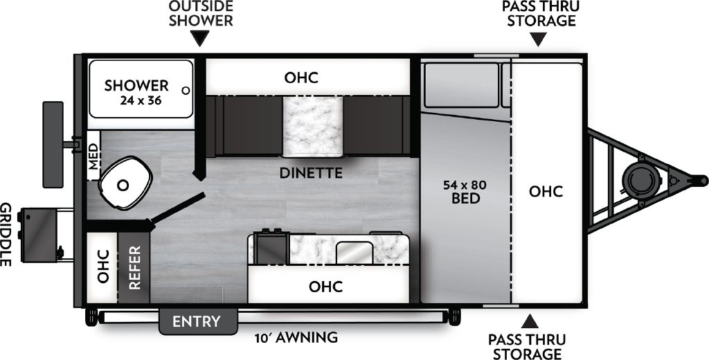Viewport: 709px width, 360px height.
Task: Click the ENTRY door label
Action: (197, 322)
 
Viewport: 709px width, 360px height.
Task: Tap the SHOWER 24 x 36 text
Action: (136, 91)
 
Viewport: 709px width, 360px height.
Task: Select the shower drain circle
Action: (185, 90)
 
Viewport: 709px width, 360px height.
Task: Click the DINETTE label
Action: (311, 173)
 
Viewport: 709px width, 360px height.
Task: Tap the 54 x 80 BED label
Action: (464, 192)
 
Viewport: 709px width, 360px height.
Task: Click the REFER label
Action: (134, 267)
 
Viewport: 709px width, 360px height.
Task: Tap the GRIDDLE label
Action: (7, 235)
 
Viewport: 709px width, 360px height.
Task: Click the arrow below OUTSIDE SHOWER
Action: (200, 40)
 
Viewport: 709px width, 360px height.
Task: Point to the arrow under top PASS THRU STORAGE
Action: (539, 40)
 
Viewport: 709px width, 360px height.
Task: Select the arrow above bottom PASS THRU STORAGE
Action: (530, 321)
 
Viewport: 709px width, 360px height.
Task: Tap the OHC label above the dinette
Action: (301, 78)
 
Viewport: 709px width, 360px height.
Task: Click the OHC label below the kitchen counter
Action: (325, 286)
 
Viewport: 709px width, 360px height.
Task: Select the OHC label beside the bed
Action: (546, 192)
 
